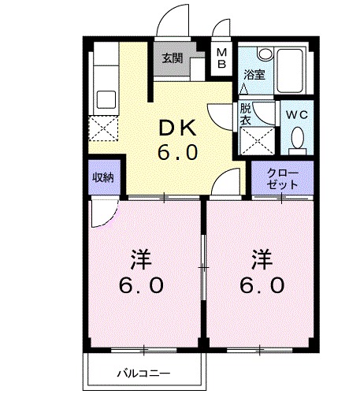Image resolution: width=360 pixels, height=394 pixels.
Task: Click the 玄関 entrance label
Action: [x=173, y=58]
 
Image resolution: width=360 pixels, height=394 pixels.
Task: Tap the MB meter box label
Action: [x=221, y=58]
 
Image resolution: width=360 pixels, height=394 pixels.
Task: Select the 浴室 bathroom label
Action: [x=253, y=76]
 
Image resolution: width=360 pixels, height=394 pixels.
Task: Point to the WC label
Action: [x=298, y=115]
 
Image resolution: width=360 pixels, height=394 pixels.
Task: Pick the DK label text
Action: [x=177, y=128]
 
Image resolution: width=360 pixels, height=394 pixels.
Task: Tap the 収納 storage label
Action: [x=103, y=177]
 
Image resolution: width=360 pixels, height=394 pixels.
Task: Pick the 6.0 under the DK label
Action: [x=177, y=152]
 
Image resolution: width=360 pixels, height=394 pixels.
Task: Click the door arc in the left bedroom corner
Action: [x=103, y=212]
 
